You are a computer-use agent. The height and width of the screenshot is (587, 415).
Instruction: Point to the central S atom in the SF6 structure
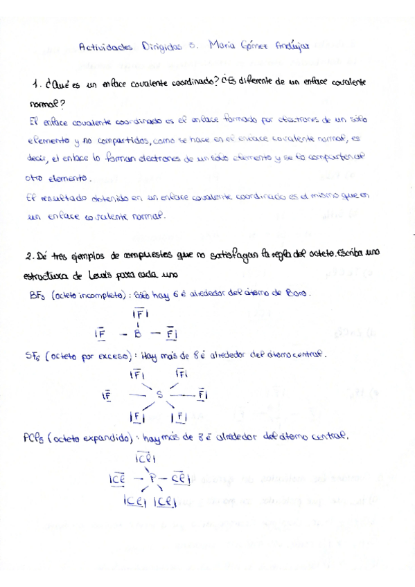(x=159, y=395)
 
